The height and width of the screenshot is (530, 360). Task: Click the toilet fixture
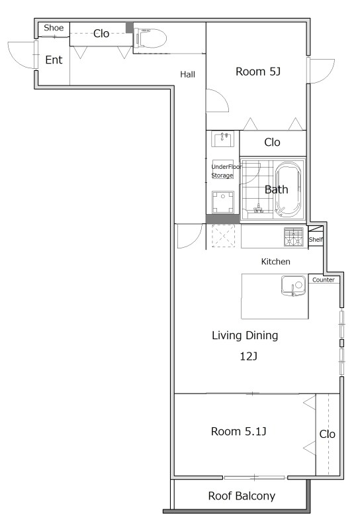150,38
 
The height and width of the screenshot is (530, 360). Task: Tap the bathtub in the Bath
288,189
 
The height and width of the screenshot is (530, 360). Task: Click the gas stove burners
293,237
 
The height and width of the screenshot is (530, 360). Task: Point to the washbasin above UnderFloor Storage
222,139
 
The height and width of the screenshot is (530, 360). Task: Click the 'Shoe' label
54,28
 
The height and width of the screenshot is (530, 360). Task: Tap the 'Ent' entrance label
54,60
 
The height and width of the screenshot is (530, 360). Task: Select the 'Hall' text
187,74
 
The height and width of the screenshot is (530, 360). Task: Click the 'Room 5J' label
258,72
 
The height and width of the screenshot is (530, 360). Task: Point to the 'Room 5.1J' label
238,431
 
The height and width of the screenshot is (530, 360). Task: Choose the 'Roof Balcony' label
242,496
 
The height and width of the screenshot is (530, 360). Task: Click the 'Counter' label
323,280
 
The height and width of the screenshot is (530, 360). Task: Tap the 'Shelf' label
316,239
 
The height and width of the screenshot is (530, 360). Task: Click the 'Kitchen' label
275,261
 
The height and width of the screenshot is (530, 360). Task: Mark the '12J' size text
248,356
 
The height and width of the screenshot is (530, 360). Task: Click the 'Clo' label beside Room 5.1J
327,434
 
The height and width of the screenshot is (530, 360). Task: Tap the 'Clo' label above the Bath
272,142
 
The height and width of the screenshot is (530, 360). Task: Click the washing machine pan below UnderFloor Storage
222,202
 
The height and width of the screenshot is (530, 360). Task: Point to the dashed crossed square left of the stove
223,237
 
